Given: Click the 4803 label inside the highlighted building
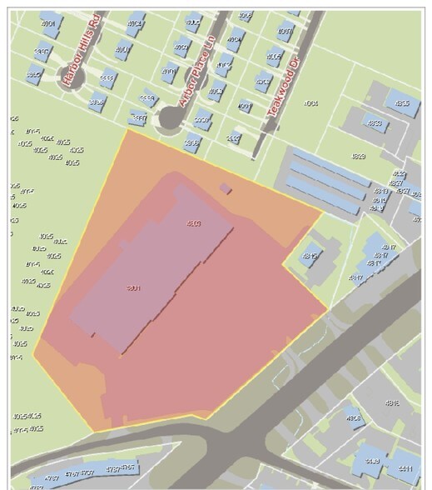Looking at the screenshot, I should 193,222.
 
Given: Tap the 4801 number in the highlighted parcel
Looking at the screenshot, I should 132,288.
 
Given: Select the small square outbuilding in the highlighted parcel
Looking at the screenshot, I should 226,189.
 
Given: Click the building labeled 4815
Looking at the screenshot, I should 311,256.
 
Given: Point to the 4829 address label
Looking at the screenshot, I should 358,157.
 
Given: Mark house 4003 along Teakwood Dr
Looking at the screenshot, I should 263,82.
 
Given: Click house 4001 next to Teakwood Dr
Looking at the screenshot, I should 244,106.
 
